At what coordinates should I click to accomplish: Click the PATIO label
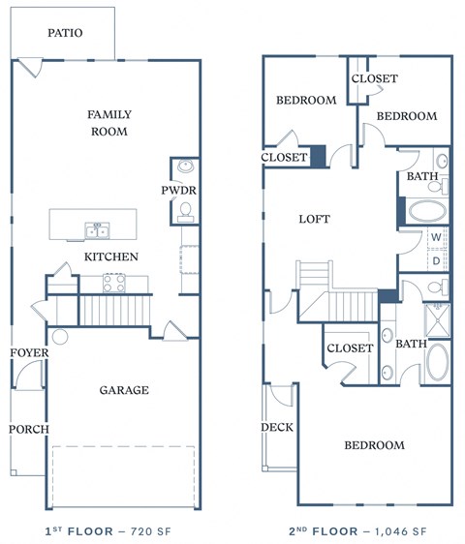pyautogui.click(x=65, y=33)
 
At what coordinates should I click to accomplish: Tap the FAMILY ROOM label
pyautogui.click(x=109, y=123)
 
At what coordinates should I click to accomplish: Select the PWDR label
pyautogui.click(x=178, y=190)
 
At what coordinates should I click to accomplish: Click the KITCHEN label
pyautogui.click(x=111, y=257)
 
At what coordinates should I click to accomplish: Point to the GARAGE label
pyautogui.click(x=124, y=390)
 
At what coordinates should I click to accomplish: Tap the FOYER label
pyautogui.click(x=29, y=353)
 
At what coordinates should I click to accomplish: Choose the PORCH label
pyautogui.click(x=28, y=429)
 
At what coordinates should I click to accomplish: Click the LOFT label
pyautogui.click(x=314, y=219)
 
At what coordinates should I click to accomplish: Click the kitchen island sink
pyautogui.click(x=97, y=230)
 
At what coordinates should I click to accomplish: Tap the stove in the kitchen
pyautogui.click(x=114, y=284)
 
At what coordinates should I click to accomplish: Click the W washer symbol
pyautogui.click(x=437, y=237)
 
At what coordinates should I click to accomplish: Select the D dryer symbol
pyautogui.click(x=437, y=260)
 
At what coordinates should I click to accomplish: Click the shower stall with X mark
pyautogui.click(x=438, y=320)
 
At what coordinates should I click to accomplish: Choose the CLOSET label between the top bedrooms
pyautogui.click(x=374, y=78)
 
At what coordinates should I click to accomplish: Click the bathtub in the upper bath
pyautogui.click(x=426, y=212)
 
